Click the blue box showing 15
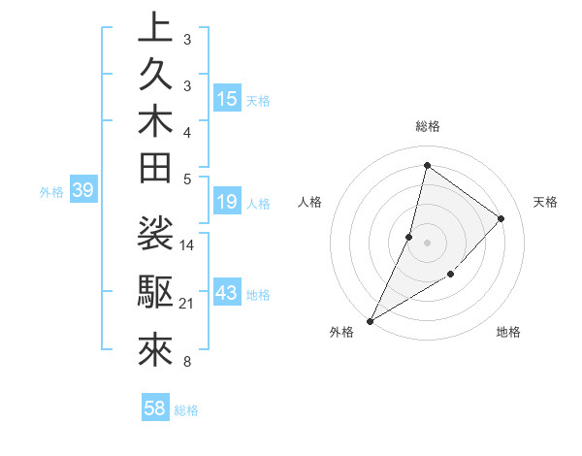227,99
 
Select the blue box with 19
227,202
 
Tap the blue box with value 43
227,293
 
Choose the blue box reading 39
82,190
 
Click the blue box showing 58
154,408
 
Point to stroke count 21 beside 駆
186,305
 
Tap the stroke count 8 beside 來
186,364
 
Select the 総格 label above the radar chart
427,126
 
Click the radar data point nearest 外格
371,320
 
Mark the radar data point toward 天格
501,218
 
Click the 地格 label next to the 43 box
258,294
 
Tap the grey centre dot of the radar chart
427,243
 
